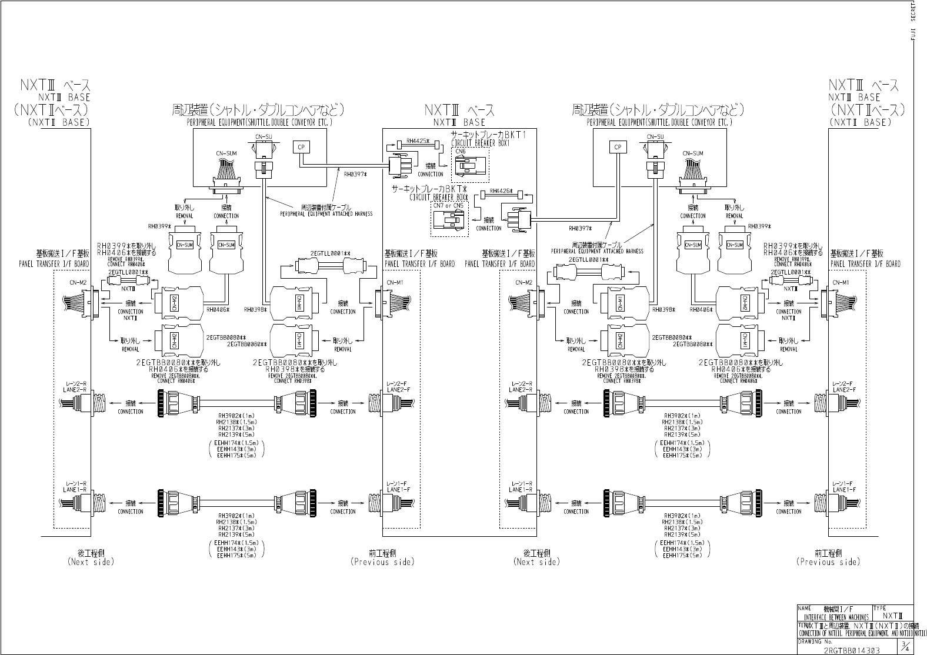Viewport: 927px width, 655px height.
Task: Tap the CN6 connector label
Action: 459,152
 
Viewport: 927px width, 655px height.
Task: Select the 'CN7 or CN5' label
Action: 448,205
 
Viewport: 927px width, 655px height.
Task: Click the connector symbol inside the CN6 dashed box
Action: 469,168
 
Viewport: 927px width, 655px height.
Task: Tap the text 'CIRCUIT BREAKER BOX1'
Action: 488,143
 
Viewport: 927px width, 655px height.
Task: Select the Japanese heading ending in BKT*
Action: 432,189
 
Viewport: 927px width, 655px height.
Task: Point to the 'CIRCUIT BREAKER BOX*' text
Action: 439,197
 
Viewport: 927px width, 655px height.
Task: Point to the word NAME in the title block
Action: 805,608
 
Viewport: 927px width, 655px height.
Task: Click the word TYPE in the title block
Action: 881,608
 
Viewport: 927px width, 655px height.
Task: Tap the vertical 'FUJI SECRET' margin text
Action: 921,21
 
